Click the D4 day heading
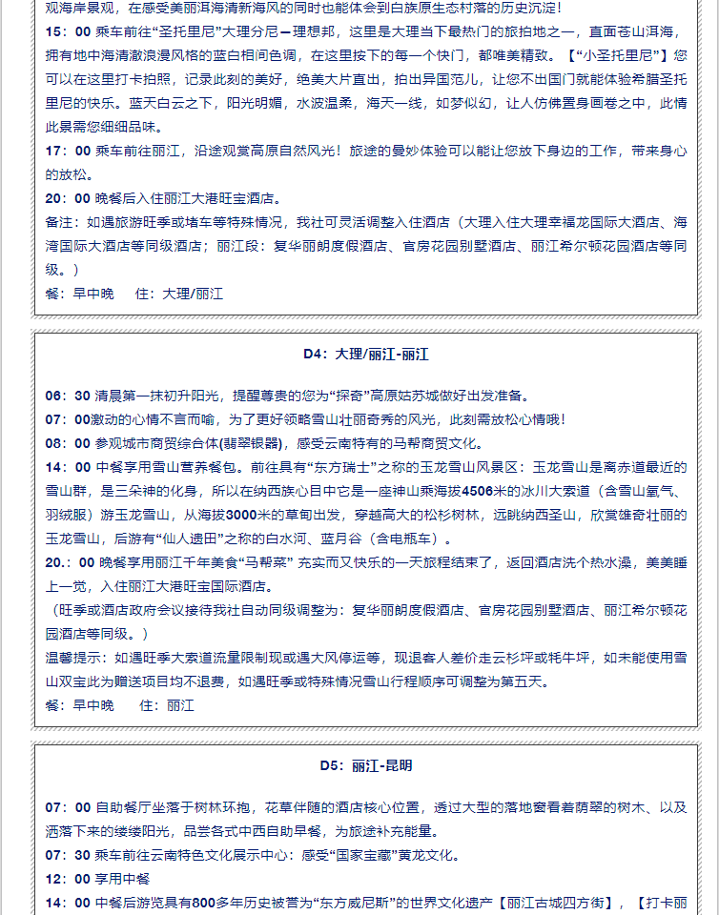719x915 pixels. coord(366,354)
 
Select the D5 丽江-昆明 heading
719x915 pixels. coord(366,764)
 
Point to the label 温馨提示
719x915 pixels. coord(76,658)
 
